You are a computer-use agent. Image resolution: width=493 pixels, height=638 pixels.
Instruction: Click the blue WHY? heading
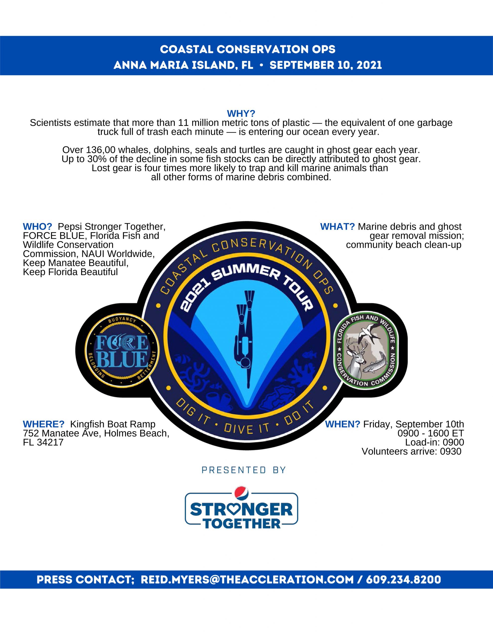241,113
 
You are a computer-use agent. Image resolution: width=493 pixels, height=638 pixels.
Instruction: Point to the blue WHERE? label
44,424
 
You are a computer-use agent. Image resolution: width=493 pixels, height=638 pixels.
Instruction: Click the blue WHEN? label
342,424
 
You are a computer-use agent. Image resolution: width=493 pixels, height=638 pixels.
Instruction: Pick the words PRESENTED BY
244,470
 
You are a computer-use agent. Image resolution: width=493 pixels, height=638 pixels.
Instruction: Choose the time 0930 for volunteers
451,451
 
